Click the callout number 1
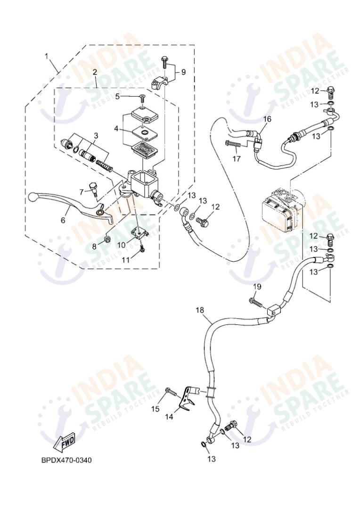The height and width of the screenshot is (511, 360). tap(47, 56)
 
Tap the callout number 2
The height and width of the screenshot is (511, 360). tap(95, 72)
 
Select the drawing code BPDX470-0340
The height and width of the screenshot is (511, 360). tap(66, 460)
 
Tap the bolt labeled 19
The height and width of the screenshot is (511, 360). tap(255, 301)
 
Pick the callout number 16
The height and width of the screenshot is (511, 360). tap(267, 119)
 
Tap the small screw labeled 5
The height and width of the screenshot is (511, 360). tap(142, 97)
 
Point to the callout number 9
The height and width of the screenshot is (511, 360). tap(183, 72)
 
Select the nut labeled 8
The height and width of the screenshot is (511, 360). tap(108, 240)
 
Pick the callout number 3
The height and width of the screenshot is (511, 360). tap(96, 136)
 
